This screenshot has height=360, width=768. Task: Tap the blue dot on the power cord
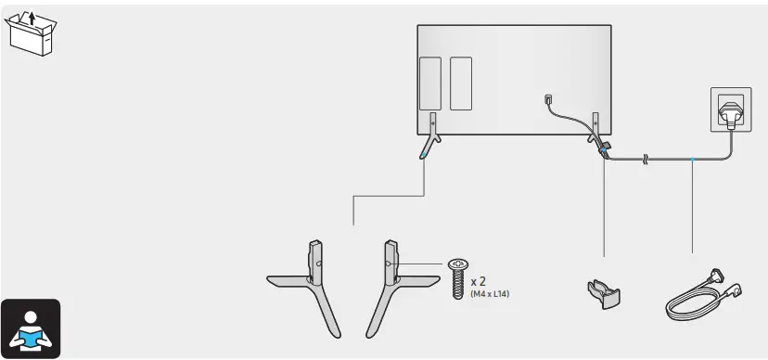[x=692, y=159]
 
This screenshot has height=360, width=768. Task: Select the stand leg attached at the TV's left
[x=429, y=135]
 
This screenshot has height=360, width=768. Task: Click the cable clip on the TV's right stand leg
[x=604, y=147]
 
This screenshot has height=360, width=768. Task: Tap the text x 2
[x=480, y=281]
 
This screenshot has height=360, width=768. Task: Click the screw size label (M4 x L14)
[x=490, y=295]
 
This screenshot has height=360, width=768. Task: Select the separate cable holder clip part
[x=603, y=292]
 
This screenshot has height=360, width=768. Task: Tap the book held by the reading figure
[x=32, y=337]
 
